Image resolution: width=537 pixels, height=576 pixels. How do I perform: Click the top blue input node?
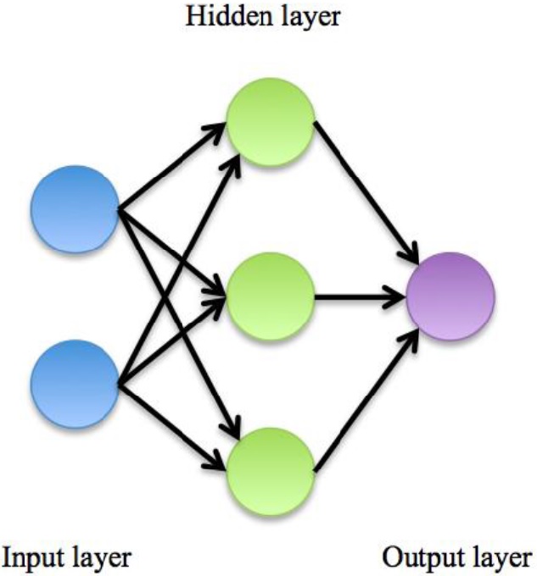pyautogui.click(x=75, y=208)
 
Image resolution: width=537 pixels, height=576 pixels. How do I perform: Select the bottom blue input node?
pyautogui.click(x=75, y=384)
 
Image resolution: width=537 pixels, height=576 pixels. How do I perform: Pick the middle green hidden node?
pyautogui.click(x=271, y=297)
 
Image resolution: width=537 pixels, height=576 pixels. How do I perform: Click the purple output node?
pyautogui.click(x=450, y=297)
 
